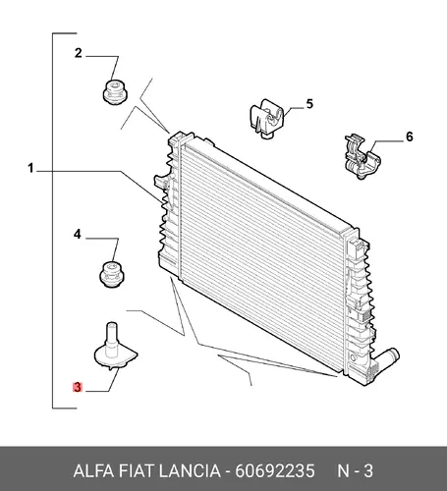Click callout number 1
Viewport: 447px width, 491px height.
30,169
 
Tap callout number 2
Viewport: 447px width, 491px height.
78,53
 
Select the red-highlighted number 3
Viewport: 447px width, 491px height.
78,387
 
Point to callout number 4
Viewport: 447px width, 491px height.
77,235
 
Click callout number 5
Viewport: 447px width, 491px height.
309,104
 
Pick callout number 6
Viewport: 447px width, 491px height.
410,136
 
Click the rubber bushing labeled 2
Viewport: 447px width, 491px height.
115,92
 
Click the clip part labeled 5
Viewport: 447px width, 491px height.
267,119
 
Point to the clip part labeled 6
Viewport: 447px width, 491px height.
362,156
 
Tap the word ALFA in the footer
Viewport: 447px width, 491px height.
93,471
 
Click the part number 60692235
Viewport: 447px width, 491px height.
275,471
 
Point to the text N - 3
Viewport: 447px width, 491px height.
355,471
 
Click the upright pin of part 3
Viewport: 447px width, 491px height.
111,336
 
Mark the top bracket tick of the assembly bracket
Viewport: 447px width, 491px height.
65,33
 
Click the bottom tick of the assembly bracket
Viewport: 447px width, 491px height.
65,409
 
